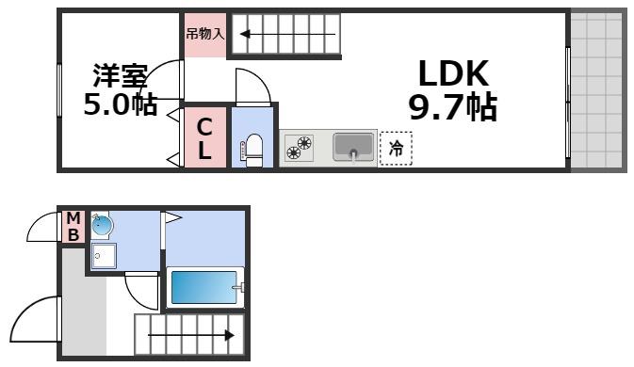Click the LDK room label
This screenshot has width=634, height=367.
tap(452, 74)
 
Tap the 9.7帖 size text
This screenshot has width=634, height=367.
tap(452, 108)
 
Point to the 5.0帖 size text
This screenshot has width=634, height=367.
tap(120, 104)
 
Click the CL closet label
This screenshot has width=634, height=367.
tap(204, 137)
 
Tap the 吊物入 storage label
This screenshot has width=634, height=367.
tap(204, 35)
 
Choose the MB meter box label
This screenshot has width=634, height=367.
tap(73, 228)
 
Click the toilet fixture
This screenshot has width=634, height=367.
tap(252, 150)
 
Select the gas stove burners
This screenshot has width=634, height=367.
tap(300, 149)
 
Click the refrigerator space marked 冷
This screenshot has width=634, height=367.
tap(396, 149)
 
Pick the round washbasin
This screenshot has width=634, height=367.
tap(101, 226)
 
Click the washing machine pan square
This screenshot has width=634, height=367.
tap(104, 256)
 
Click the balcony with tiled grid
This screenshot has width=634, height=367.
tap(598, 89)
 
